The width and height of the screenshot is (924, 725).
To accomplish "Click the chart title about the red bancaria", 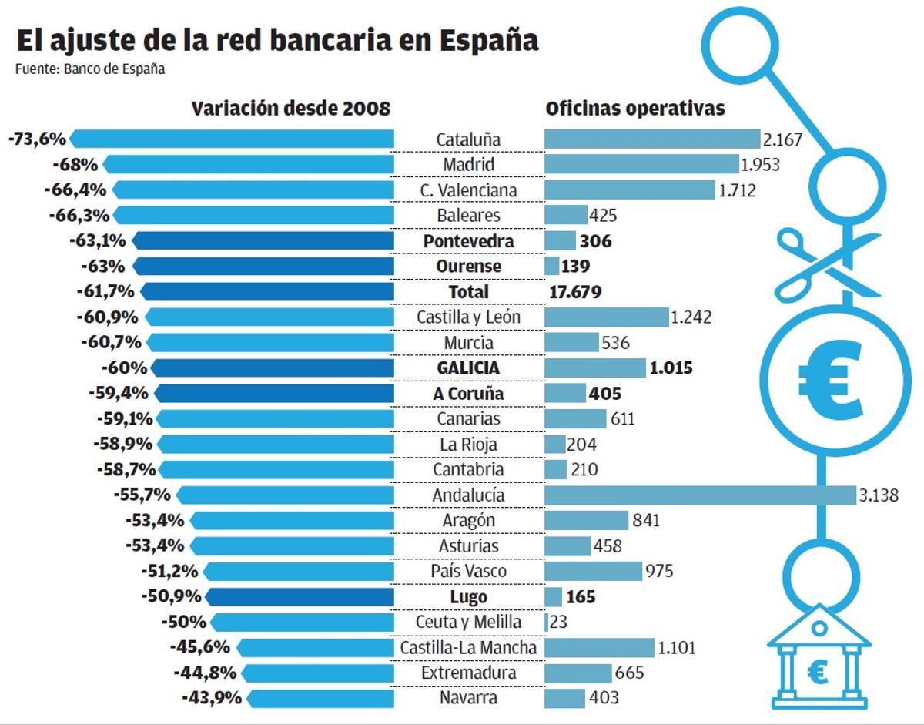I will click(x=277, y=40).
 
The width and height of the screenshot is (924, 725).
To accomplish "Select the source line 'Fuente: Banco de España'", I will click(x=90, y=69).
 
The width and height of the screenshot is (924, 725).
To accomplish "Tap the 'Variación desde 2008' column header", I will click(x=291, y=109).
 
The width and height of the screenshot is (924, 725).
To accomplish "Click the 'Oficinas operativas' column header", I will click(x=635, y=109).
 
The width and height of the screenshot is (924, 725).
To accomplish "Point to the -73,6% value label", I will click(x=35, y=139).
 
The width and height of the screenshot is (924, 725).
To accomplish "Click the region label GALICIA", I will click(x=468, y=368).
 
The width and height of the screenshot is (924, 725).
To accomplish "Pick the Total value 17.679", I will click(x=576, y=292).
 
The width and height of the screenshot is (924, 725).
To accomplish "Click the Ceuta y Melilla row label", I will click(x=468, y=622).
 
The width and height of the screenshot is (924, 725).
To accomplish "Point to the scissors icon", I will click(x=825, y=264).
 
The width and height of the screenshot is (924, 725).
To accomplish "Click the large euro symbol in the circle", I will click(x=828, y=378).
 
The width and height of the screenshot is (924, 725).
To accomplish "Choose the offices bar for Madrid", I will click(x=641, y=165).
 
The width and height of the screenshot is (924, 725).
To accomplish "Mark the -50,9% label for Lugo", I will click(x=171, y=596).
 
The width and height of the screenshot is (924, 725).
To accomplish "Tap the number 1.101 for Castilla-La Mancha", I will click(x=676, y=647).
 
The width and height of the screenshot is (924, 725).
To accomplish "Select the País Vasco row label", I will click(x=468, y=571).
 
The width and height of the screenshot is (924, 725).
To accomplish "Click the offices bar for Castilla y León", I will click(x=606, y=317).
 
